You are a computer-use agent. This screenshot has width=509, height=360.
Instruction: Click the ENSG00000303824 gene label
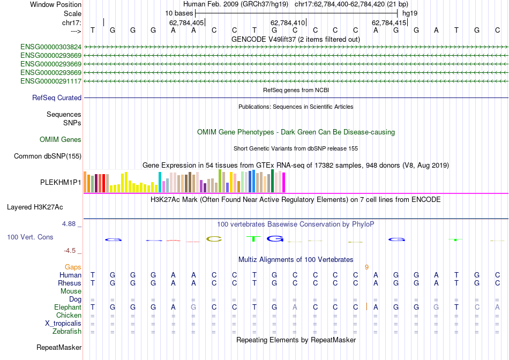(x=51, y=47)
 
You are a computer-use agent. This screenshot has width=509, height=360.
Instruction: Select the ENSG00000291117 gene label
(x=51, y=81)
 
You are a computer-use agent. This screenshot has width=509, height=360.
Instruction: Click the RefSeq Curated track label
(x=57, y=98)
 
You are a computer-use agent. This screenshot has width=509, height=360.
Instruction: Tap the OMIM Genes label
(x=61, y=140)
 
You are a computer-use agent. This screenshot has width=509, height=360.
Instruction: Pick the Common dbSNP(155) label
(x=48, y=156)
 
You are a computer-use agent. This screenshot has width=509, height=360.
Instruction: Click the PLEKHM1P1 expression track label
(x=61, y=183)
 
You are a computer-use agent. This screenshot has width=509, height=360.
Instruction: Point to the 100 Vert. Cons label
(x=30, y=237)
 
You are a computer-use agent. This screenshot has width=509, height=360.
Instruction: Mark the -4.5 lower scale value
(x=69, y=250)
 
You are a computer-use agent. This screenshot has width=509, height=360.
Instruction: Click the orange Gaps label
(x=73, y=267)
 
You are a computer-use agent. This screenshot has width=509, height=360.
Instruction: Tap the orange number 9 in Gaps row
(x=366, y=267)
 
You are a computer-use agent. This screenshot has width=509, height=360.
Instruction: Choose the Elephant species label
(x=68, y=307)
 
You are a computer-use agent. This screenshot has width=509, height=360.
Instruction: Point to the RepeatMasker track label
(x=59, y=348)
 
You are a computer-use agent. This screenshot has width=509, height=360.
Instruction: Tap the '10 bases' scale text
(x=179, y=13)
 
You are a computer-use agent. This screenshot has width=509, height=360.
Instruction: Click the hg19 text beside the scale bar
(x=410, y=13)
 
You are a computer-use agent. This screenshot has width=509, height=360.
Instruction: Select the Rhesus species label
(x=70, y=283)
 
